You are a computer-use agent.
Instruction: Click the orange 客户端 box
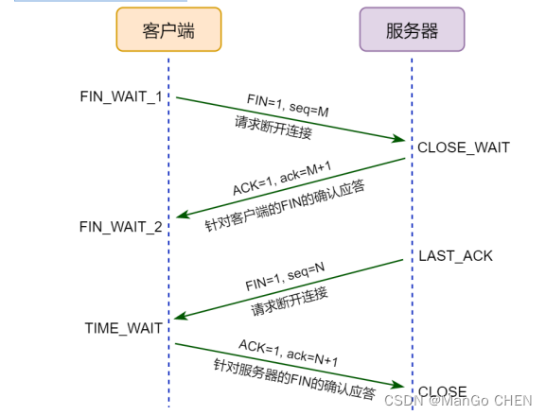[168, 30]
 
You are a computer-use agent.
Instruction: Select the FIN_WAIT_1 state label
[121, 96]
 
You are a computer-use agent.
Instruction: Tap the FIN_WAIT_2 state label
[120, 227]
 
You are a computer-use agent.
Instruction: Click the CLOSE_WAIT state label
[464, 147]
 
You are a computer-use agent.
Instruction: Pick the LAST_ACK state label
[455, 256]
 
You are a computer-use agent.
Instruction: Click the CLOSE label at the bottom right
[442, 391]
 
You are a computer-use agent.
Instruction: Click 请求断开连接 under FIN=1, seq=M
[273, 131]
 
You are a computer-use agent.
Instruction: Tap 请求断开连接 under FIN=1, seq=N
[289, 301]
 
